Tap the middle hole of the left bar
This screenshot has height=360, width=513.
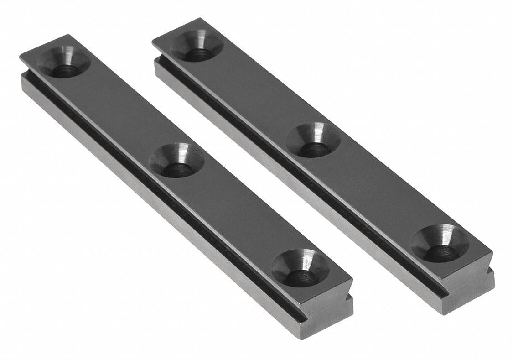[x=176, y=160]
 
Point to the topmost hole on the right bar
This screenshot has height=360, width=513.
[x=196, y=46]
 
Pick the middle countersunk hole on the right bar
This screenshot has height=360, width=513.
[x=314, y=141]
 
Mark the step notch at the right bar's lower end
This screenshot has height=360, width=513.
[x=491, y=274]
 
